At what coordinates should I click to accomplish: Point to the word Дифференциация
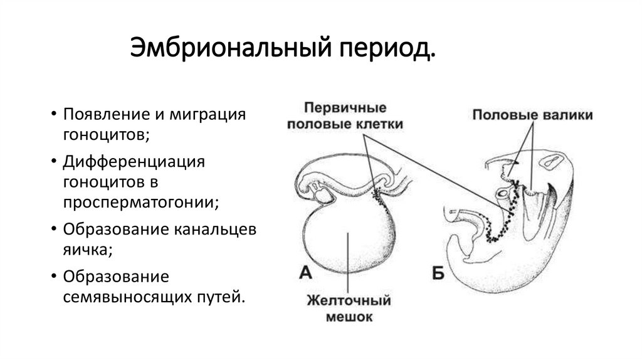pos(134,162)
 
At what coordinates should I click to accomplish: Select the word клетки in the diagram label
pos(377,124)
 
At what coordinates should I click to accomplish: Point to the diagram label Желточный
pos(349,300)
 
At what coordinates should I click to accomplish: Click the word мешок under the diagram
pos(349,317)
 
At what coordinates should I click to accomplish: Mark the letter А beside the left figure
pos(305,272)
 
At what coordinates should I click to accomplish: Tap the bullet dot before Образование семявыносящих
pos(55,277)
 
